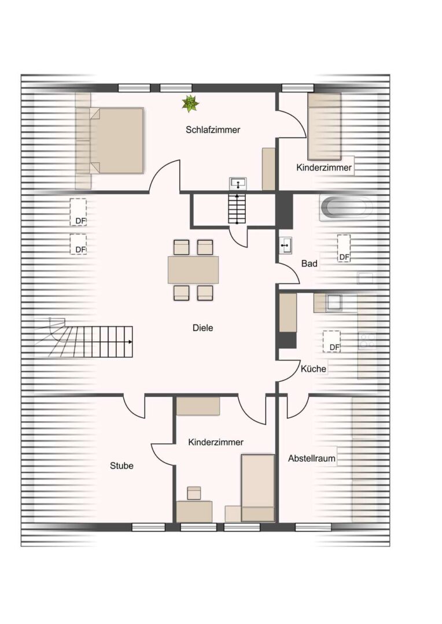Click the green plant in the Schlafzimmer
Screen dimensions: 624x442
[190, 103]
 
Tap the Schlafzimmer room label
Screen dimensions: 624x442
[213, 130]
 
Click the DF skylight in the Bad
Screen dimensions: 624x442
[344, 248]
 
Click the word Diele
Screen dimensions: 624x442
[202, 328]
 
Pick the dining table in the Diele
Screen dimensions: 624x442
[193, 270]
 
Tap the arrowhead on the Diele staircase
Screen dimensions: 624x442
[131, 342]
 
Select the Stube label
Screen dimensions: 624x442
[121, 466]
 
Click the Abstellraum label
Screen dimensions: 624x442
[312, 459]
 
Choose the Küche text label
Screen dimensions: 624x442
[313, 369]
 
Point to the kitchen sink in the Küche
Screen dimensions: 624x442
[335, 303]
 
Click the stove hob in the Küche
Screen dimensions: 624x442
[366, 340]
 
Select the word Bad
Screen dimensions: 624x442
[310, 263]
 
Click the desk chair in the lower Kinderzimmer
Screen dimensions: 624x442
[194, 493]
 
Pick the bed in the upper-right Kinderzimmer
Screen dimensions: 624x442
[323, 127]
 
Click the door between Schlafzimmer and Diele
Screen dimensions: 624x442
[165, 177]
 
